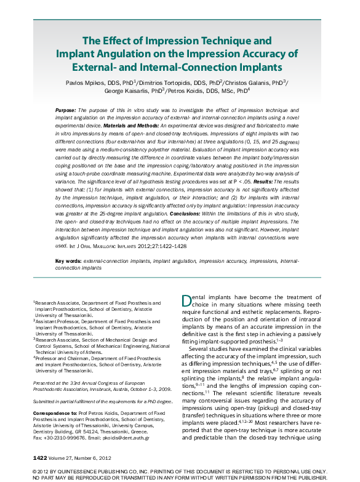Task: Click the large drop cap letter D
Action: tap(188, 301)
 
